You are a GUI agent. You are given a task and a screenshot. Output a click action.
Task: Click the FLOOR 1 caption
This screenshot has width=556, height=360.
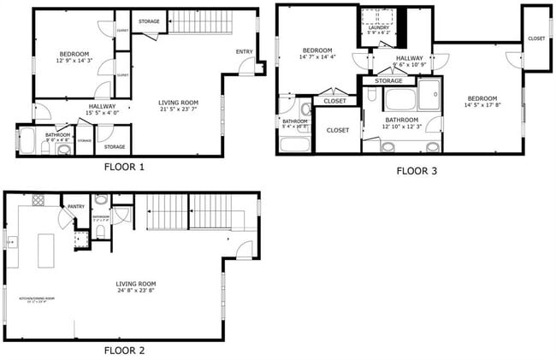(124, 167)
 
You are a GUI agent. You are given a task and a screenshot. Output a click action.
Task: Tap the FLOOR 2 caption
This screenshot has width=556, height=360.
(124, 350)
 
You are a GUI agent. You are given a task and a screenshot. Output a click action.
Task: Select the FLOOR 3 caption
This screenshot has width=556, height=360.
(417, 171)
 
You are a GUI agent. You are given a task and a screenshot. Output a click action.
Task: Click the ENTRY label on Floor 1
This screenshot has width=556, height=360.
(245, 52)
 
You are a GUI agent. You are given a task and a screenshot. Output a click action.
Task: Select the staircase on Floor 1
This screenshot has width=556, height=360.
(200, 21)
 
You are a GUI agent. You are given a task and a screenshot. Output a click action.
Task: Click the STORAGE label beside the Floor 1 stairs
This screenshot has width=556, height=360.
(149, 21)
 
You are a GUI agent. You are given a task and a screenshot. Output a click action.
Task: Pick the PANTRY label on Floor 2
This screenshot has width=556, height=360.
(74, 206)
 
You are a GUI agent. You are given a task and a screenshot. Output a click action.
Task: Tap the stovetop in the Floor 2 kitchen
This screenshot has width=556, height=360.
(38, 201)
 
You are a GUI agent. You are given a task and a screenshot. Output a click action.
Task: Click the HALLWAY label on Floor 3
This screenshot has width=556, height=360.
(410, 58)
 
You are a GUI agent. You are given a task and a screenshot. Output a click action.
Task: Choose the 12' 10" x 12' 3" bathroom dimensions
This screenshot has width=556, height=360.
(401, 127)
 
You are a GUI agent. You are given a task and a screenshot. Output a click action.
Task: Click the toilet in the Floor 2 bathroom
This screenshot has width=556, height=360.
(101, 232)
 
